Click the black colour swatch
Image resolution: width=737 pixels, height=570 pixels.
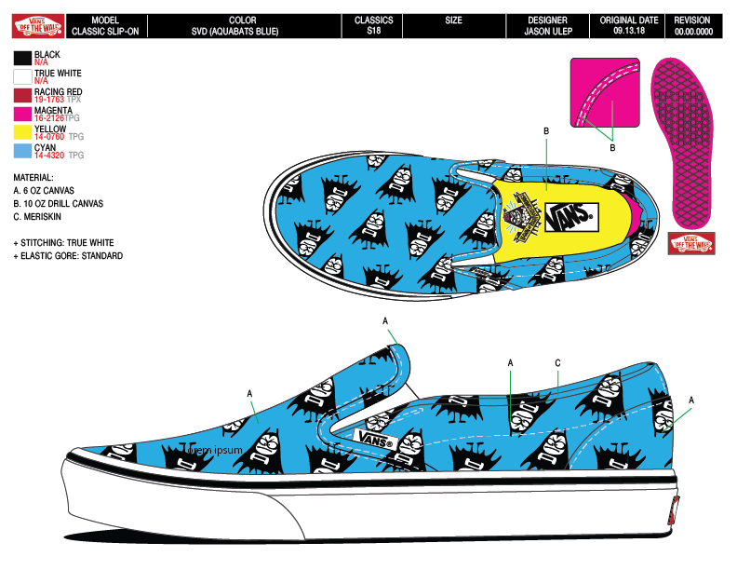tap(22, 59)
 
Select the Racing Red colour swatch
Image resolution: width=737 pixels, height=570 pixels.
tap(22, 94)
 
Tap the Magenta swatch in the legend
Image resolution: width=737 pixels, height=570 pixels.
tap(22, 114)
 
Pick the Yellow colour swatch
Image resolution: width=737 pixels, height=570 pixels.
tap(22, 132)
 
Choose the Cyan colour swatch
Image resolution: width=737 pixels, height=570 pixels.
tap(22, 151)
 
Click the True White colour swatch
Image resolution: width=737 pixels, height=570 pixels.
tap(22, 76)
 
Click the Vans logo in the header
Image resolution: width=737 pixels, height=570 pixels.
tap(37, 25)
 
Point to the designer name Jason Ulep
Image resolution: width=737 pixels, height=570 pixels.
tap(546, 31)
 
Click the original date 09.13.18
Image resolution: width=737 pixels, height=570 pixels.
tap(629, 31)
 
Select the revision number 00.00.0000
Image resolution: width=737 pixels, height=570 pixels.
tap(692, 31)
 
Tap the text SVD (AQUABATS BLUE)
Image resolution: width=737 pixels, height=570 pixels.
tap(242, 31)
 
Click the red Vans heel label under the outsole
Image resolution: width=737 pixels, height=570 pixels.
tap(691, 242)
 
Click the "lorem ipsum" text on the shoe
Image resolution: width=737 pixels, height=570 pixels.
tap(215, 450)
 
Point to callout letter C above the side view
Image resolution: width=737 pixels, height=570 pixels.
tap(557, 362)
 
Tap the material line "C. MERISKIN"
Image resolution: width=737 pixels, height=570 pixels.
tap(44, 217)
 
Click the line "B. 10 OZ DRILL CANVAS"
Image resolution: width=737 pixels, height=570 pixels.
tap(58, 203)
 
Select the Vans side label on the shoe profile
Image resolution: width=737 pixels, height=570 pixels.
tap(376, 438)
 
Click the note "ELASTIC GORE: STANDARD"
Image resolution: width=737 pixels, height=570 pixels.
tap(71, 256)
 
